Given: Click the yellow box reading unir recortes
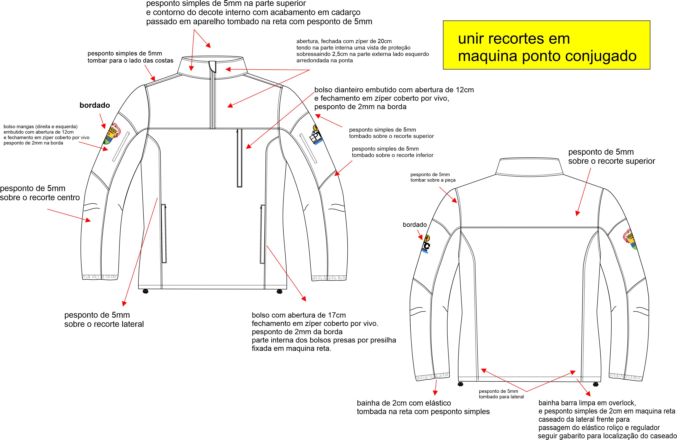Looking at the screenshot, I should (x=546, y=45).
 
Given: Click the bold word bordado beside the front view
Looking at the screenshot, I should (x=95, y=105).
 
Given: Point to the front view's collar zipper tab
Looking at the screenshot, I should (x=212, y=66).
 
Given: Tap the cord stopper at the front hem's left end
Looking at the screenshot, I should (x=146, y=291).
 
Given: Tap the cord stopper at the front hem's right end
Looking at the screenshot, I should (x=280, y=291).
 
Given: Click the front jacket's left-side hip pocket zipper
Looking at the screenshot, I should (x=164, y=233).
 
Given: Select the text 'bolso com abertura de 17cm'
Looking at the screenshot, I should (x=299, y=315).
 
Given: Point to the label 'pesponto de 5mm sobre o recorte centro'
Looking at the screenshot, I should (x=40, y=193).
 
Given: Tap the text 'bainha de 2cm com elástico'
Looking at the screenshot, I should (x=404, y=403).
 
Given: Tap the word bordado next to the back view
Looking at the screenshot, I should (x=415, y=225).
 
